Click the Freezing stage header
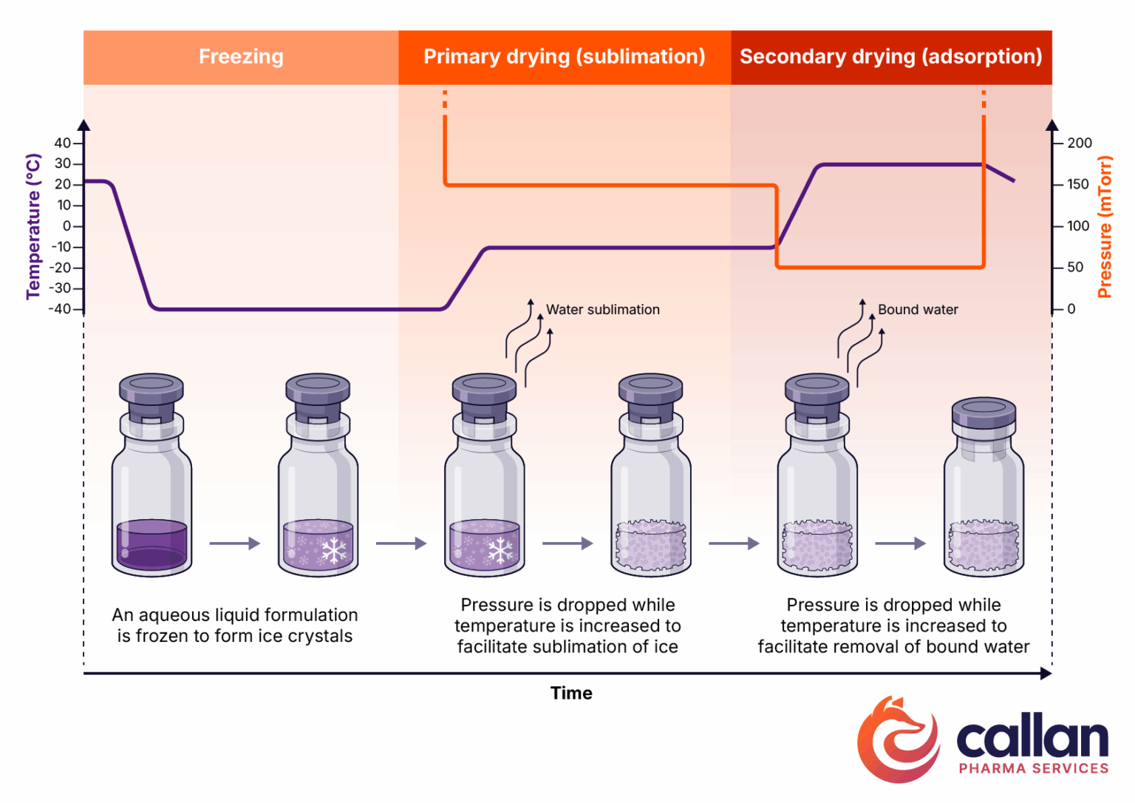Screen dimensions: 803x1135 (241, 57)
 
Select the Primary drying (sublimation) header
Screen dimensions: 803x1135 (564, 57)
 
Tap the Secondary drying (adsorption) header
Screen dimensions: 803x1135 (890, 57)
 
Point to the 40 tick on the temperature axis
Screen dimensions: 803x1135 (64, 143)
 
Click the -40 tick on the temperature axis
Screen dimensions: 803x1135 (61, 309)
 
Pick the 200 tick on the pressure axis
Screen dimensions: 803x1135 (1079, 143)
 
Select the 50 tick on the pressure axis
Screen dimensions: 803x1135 (1075, 267)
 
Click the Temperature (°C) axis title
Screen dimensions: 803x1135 (33, 226)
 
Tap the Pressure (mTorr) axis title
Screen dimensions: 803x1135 (1105, 226)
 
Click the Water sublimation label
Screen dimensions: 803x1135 (602, 310)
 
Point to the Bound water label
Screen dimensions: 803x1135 (918, 310)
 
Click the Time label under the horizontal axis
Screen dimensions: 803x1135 (571, 693)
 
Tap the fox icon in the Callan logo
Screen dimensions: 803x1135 (898, 739)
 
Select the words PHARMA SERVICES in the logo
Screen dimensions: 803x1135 (1033, 768)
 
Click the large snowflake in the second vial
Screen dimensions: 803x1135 (334, 550)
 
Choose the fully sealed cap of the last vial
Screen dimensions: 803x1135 (984, 414)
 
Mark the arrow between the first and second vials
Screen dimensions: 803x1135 (234, 543)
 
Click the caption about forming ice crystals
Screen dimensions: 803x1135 (234, 626)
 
